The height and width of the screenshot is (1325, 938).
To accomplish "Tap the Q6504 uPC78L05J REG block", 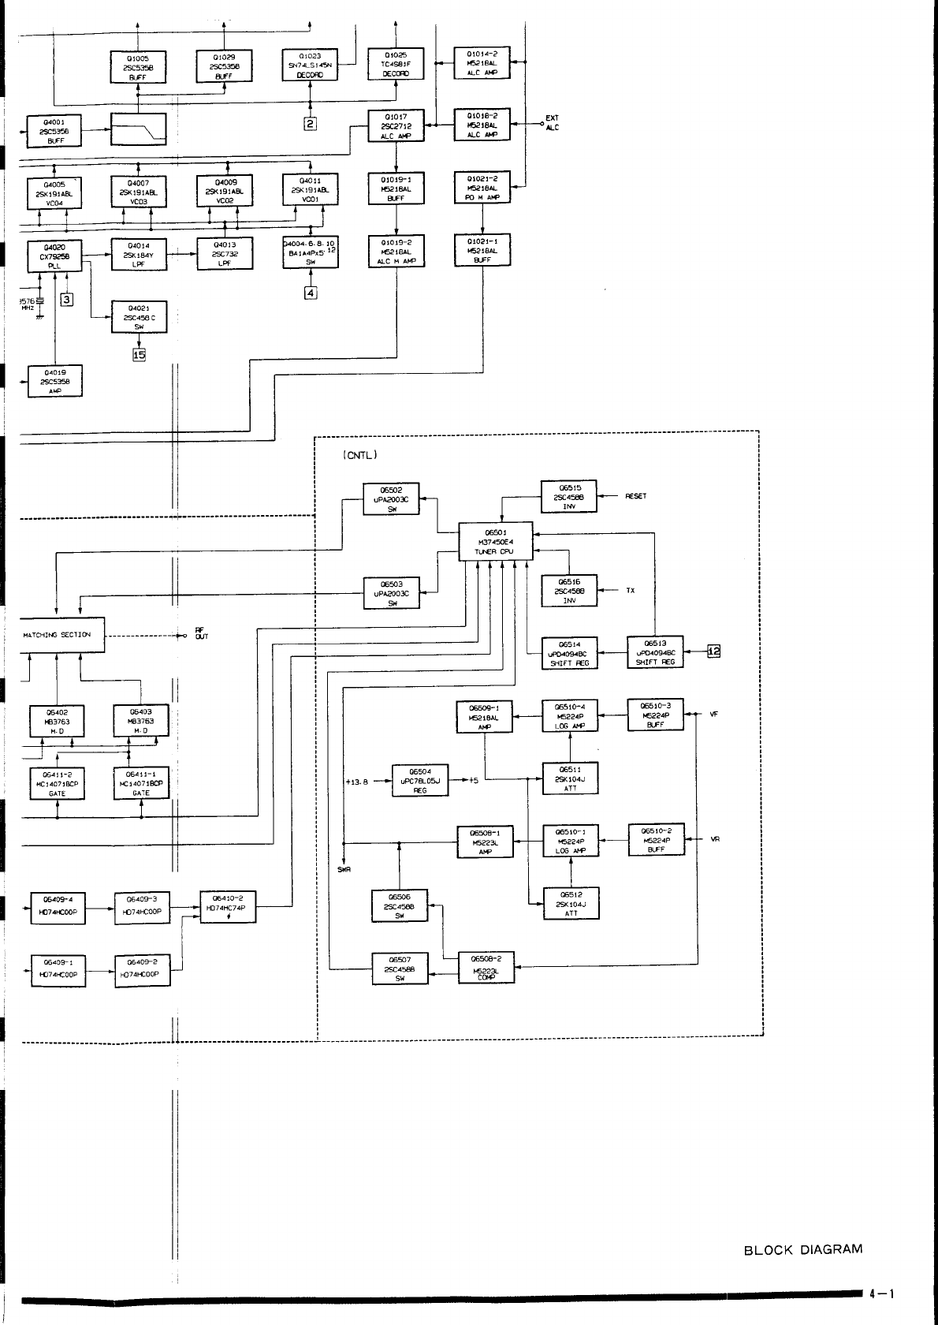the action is click(419, 781).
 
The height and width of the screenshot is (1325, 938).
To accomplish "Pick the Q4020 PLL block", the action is click(54, 256).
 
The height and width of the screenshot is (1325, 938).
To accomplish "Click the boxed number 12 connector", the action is click(713, 651).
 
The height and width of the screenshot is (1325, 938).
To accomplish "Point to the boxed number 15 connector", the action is click(140, 354).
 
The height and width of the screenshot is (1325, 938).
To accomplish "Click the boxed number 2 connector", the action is click(311, 124).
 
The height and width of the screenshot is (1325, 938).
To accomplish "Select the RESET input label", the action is click(635, 497).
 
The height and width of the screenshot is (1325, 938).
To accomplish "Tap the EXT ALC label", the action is click(552, 124).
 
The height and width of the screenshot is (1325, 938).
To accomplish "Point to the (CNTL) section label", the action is click(360, 455).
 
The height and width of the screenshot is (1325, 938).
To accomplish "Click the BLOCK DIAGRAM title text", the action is click(802, 1249).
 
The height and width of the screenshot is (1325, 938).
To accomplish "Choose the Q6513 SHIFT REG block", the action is click(655, 652).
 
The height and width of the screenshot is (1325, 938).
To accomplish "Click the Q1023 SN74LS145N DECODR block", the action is click(310, 65).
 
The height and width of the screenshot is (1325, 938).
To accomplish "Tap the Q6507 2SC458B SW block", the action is click(399, 969).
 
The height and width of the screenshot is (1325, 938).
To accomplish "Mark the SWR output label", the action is click(344, 870).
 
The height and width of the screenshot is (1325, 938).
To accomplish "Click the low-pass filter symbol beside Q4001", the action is click(139, 129).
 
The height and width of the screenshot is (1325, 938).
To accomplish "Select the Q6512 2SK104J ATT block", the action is click(570, 904).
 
